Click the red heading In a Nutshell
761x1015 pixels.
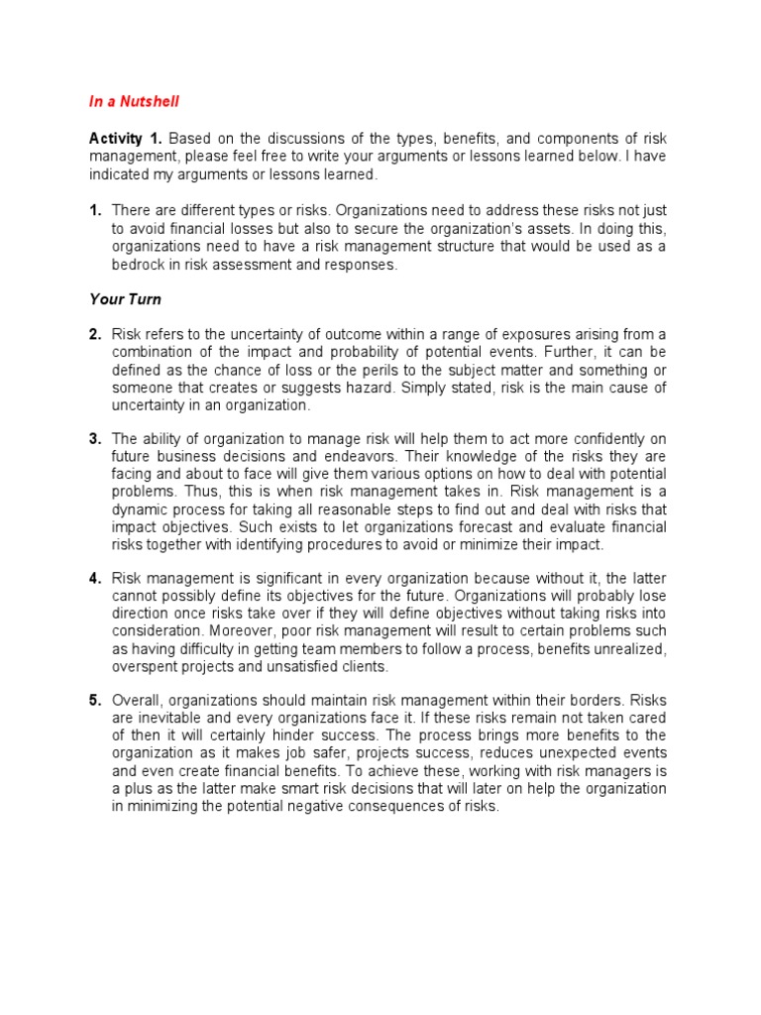(x=134, y=101)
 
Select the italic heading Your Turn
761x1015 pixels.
(x=125, y=298)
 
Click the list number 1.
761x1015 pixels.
(x=95, y=210)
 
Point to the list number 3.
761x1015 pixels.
(x=95, y=438)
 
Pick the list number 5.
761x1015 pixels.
(x=95, y=700)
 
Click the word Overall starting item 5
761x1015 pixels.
(x=138, y=700)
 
